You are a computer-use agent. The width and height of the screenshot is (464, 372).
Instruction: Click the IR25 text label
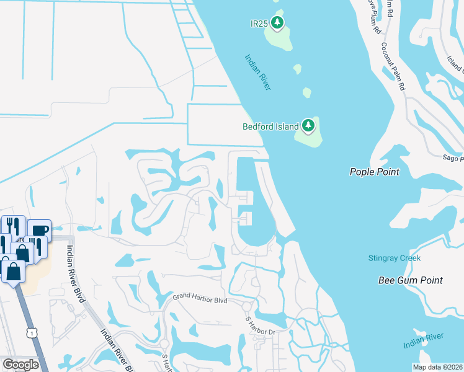259,24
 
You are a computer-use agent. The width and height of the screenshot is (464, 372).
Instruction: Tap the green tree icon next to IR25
277,24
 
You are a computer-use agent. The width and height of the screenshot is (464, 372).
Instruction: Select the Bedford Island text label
270,126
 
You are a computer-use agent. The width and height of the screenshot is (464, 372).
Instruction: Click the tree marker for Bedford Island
308,126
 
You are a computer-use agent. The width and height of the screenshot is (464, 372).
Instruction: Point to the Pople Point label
374,172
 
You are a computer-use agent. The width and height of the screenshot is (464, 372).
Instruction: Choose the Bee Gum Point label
411,280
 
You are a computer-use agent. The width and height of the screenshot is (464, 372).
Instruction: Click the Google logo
20,365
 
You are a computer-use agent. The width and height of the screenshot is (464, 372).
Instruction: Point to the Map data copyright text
439,366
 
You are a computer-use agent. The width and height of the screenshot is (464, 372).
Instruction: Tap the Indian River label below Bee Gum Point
423,340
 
